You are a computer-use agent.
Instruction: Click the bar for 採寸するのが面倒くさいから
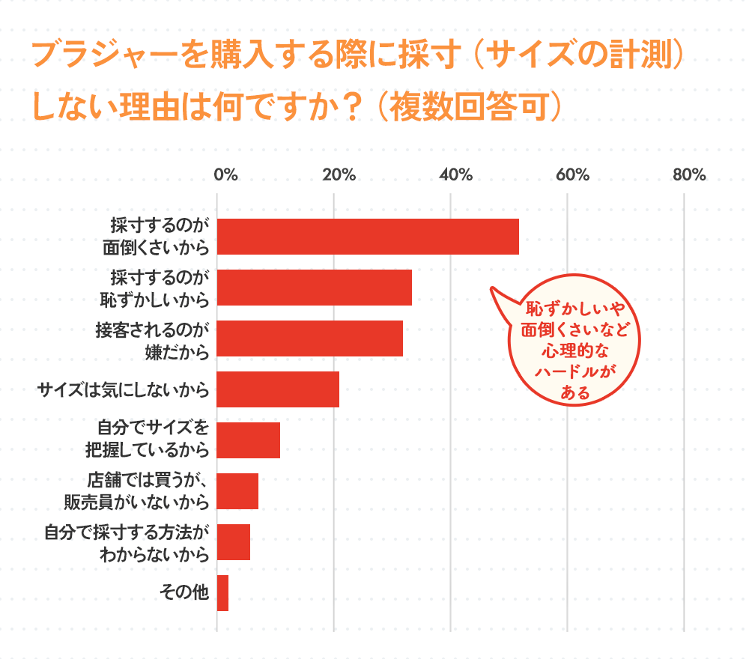pos(368,237)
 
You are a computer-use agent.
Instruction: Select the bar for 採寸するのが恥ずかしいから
pos(315,288)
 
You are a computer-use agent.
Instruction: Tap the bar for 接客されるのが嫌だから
pos(310,338)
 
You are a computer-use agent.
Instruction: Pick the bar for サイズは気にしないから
pos(278,389)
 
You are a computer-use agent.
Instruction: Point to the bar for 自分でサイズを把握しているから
pos(249,440)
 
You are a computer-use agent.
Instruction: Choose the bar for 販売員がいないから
pos(237,491)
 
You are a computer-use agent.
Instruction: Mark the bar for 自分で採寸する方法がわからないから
pos(234,542)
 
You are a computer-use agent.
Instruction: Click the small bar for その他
pos(222,593)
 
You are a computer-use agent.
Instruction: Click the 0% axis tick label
pos(225,175)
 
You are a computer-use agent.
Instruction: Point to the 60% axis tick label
pos(572,175)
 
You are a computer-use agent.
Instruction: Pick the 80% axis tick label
pos(689,175)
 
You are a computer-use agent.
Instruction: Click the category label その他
pos(184,593)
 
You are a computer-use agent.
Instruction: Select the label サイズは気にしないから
pos(123,389)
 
